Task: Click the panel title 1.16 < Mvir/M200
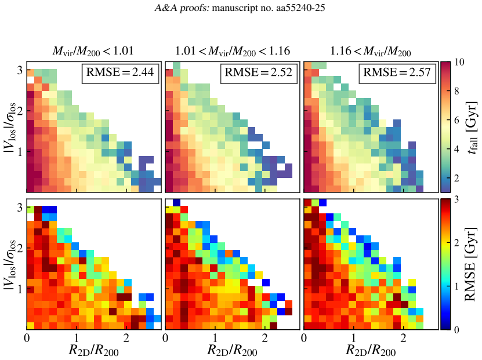coord(371,51)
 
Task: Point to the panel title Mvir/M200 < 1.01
coord(93,51)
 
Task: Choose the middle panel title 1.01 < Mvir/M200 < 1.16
coord(233,51)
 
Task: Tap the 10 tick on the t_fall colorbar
coord(459,63)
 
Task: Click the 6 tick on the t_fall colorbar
coord(456,120)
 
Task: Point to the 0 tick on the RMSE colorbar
coord(456,330)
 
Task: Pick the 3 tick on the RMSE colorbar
coord(456,199)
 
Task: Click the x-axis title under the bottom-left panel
coord(93,351)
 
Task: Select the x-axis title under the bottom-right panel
coord(371,351)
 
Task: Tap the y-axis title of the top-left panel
coord(10,127)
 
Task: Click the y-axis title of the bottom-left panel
coord(10,264)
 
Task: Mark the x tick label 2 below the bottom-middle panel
coord(264,338)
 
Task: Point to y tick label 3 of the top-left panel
coord(20,70)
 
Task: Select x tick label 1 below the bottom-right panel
coord(353,338)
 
